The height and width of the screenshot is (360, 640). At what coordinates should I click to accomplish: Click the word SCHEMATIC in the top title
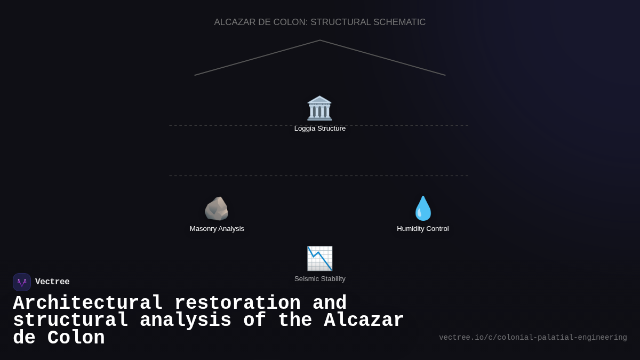click(399, 22)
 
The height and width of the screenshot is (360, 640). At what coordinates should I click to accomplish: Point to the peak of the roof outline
click(320, 41)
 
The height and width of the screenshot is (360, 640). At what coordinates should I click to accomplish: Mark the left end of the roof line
click(195, 75)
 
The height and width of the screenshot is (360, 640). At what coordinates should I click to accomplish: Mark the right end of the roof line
click(445, 75)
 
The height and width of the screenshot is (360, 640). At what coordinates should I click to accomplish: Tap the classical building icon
click(319, 108)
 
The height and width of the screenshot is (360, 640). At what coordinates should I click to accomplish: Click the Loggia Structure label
click(320, 129)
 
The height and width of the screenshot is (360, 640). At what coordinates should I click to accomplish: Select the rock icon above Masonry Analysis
click(217, 209)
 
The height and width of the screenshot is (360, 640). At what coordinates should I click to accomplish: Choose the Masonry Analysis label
click(217, 229)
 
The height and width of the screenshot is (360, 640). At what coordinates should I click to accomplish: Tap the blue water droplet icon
click(423, 209)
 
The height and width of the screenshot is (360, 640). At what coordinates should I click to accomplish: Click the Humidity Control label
click(423, 229)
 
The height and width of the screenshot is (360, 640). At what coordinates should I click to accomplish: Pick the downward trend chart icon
click(319, 259)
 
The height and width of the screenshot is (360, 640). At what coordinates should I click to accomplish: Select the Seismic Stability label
click(320, 279)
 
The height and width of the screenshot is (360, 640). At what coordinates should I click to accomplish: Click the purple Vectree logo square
click(22, 282)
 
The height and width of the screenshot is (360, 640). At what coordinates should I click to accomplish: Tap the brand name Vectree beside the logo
click(52, 282)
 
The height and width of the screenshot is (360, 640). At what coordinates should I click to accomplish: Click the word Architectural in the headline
click(87, 303)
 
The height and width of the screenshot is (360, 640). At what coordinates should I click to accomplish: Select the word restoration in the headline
click(237, 303)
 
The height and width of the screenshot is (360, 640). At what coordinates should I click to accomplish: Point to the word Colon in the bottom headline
click(76, 338)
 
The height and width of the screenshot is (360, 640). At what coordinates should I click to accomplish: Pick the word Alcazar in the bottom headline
click(364, 321)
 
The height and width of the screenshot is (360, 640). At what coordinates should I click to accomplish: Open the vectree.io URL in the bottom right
click(533, 338)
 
